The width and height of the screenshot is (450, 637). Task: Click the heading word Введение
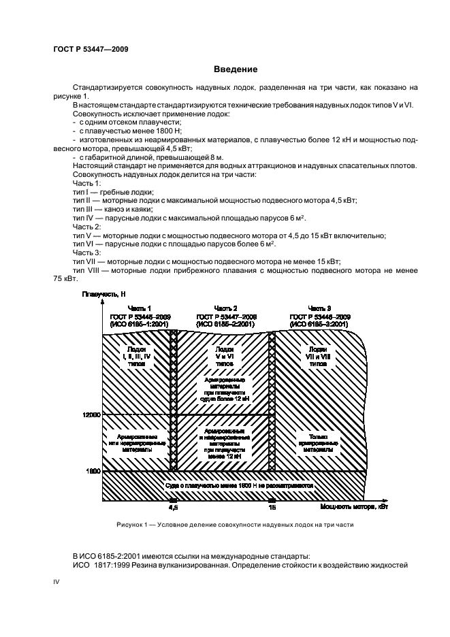click(236, 69)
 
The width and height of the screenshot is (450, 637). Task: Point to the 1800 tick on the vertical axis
click(93, 470)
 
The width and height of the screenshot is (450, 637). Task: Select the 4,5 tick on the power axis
click(172, 507)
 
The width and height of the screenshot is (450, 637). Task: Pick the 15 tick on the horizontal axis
click(272, 507)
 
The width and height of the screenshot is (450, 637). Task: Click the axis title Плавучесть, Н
click(103, 293)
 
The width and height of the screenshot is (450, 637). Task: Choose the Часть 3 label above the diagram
click(320, 308)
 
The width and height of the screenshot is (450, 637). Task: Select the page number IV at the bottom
click(56, 583)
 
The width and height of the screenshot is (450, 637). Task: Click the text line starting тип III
click(109, 209)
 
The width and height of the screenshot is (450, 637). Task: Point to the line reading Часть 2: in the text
click(86, 226)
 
